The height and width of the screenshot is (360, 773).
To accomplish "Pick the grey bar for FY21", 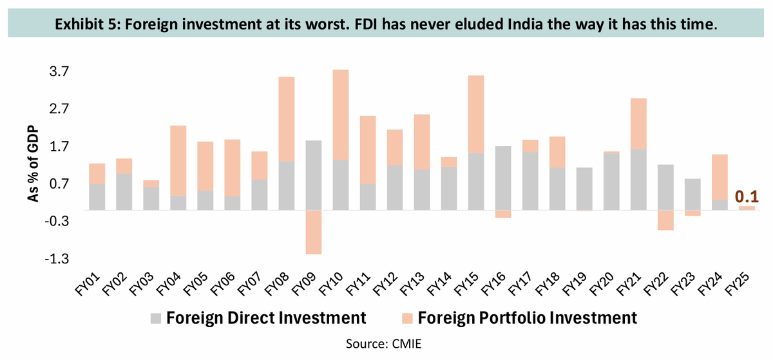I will coord(638,180).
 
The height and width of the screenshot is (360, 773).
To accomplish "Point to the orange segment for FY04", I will coord(178,160).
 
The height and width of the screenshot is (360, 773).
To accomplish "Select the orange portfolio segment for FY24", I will coord(720,177).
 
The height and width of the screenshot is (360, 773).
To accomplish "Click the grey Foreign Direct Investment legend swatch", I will coord(155,317).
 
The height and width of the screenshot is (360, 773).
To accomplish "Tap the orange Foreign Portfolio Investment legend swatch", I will coord(406,317).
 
